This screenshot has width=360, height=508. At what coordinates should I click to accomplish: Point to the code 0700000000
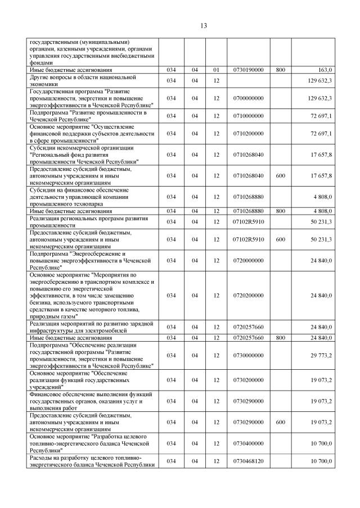tap(248, 98)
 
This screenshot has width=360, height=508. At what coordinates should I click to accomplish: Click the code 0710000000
tap(248, 116)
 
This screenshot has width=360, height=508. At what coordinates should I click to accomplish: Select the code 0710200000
tap(248, 133)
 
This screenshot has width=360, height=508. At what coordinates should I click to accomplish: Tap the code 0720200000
tap(248, 295)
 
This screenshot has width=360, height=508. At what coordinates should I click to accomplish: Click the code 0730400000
tap(248, 443)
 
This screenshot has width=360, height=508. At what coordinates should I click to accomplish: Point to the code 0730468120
tap(248, 461)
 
